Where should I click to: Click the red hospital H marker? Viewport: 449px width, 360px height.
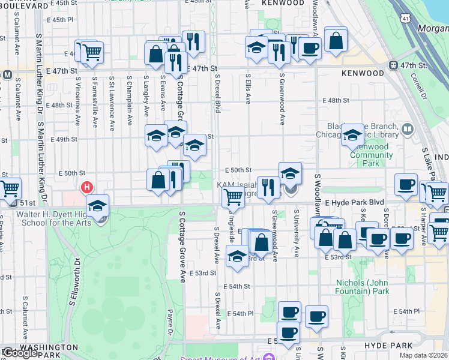pos(88,187)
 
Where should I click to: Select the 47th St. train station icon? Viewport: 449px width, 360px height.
pos(394,65)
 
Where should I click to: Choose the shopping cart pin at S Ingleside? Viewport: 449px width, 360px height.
pos(232,197)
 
